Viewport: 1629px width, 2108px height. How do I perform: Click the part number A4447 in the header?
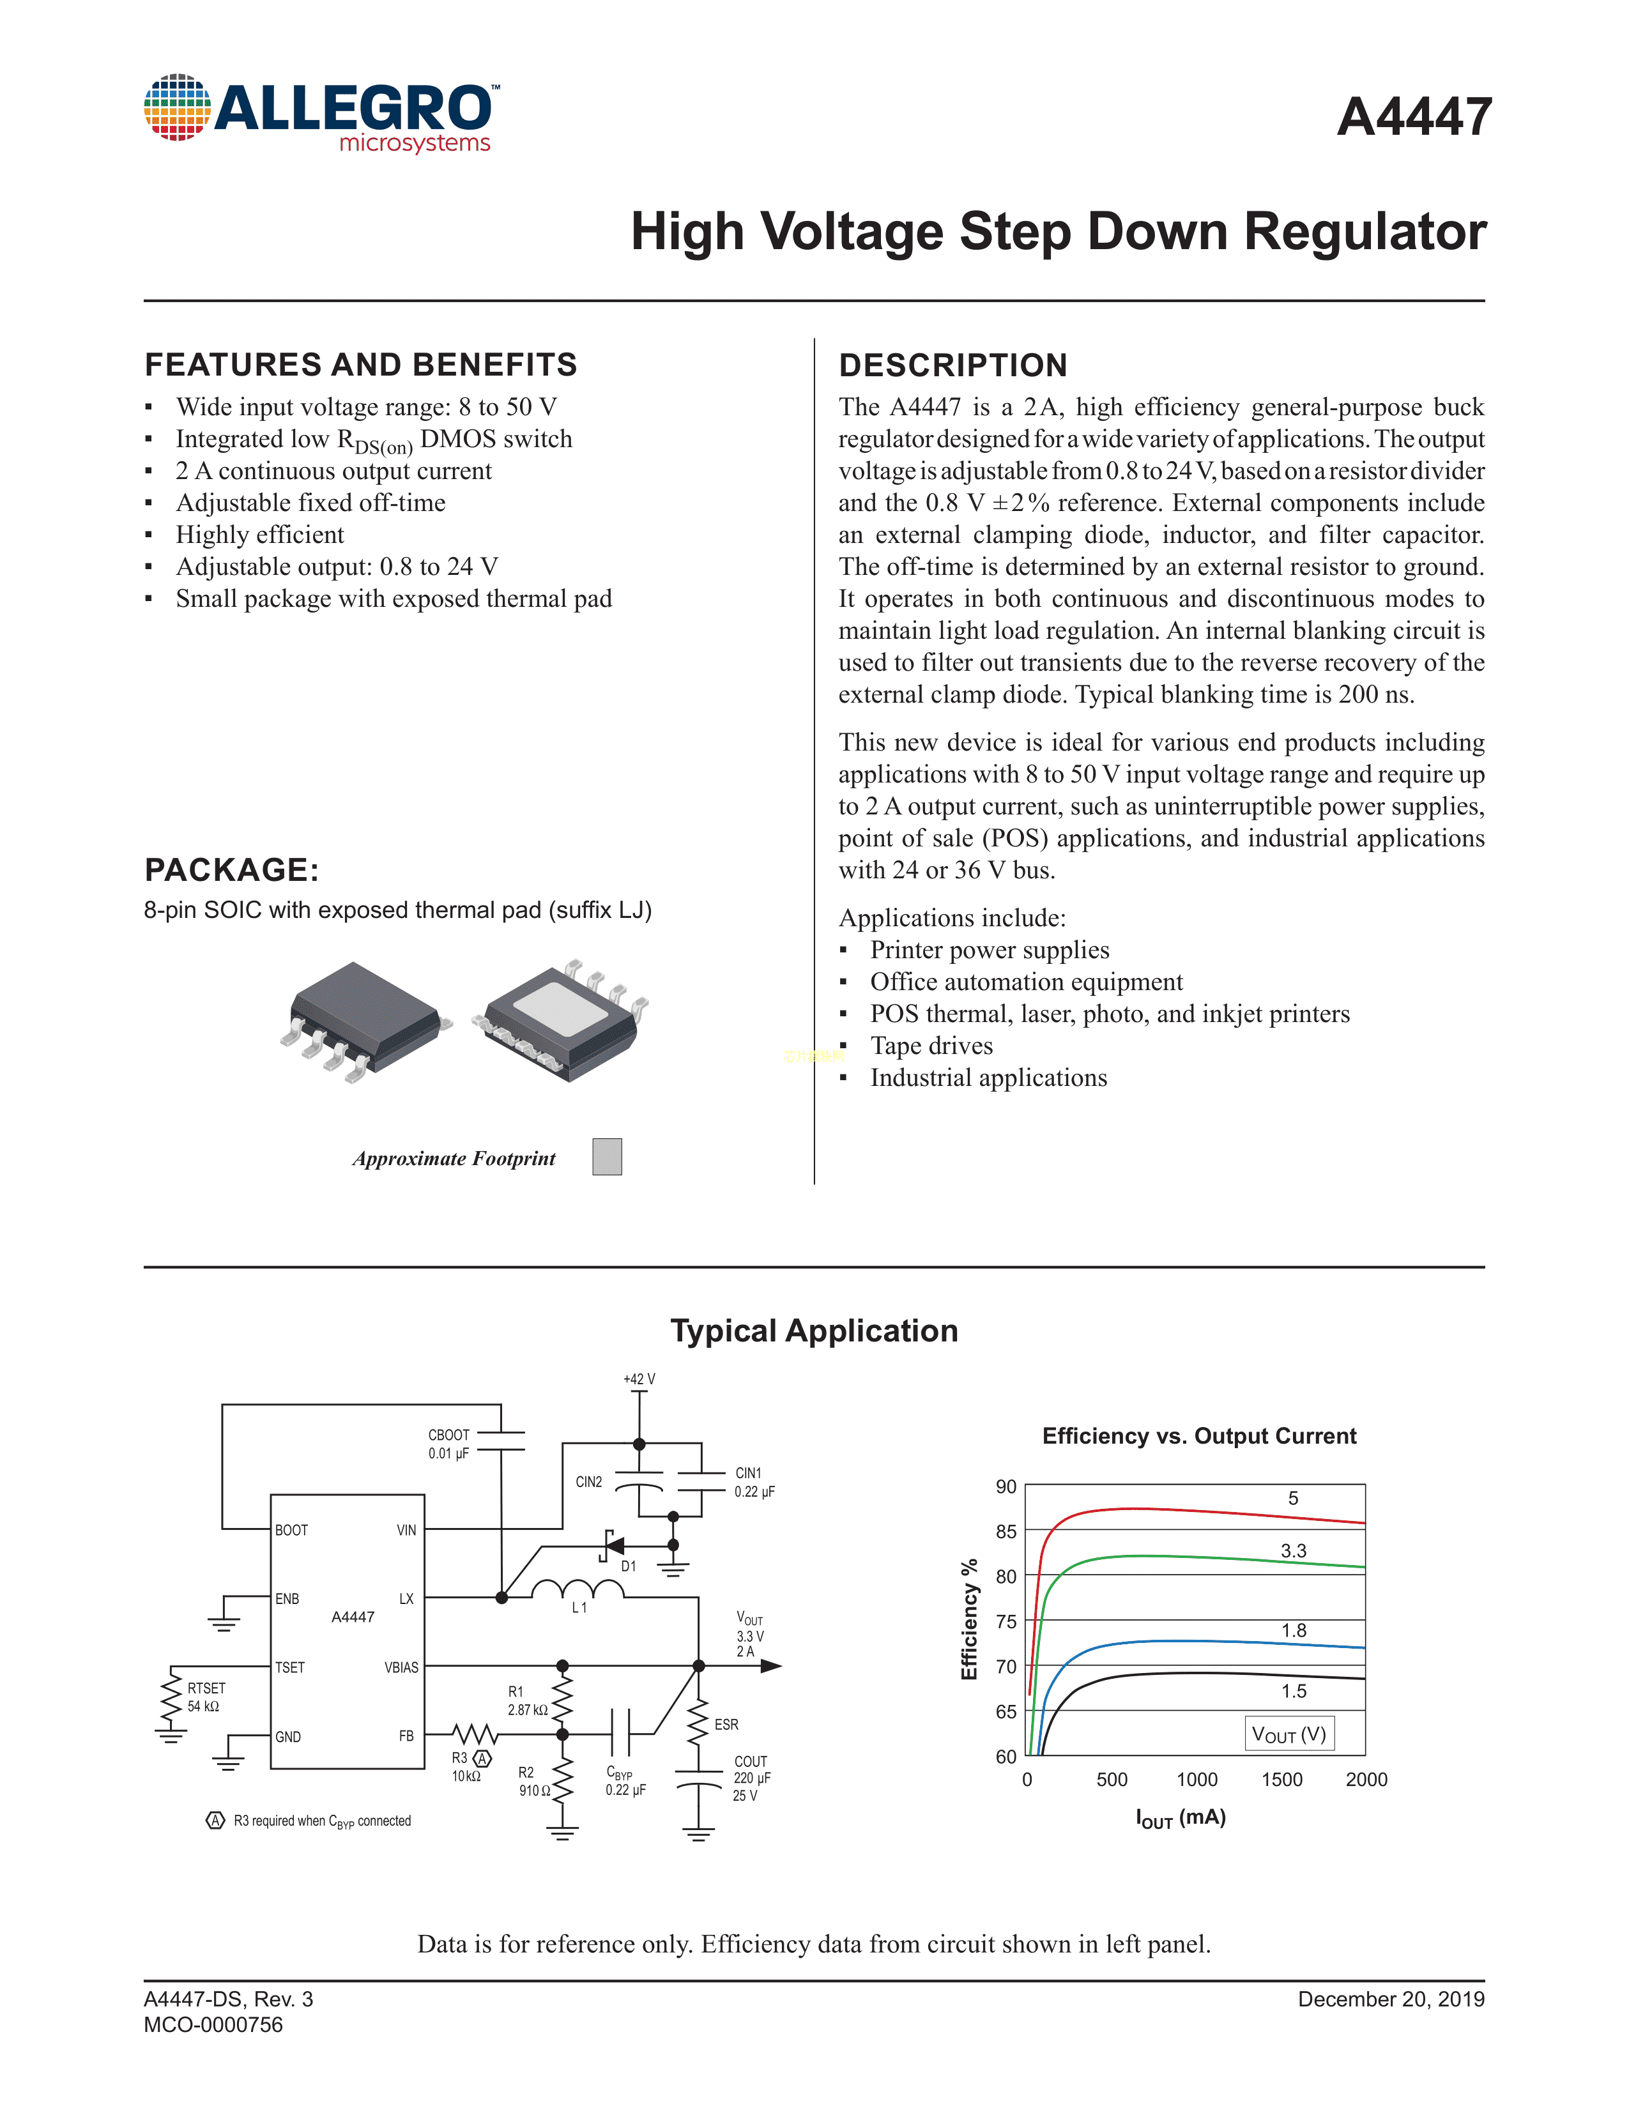coord(1414,118)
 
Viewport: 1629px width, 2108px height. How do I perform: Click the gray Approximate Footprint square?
coord(607,1156)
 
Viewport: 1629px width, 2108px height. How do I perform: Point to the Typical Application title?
coord(813,1331)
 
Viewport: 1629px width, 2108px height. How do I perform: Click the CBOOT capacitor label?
coord(448,1435)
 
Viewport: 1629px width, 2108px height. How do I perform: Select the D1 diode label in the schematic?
coord(628,1566)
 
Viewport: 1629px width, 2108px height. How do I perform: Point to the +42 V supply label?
coord(639,1379)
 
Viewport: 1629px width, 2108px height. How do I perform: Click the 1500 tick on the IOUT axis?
coord(1281,1780)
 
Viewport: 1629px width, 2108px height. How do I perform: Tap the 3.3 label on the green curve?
coord(1293,1551)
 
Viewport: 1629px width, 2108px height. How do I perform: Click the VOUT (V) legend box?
coord(1289,1734)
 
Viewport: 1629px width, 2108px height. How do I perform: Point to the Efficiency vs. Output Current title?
coord(1198,1436)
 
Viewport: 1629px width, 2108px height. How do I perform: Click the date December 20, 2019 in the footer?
coord(1391,1999)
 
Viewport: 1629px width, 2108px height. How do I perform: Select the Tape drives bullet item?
coord(931,1046)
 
